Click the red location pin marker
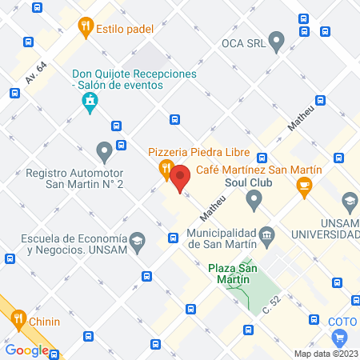coord(180,178)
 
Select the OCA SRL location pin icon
coord(277,38)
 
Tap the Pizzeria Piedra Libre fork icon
coord(165,169)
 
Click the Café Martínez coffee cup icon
coord(304,186)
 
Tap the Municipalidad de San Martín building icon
coord(267,235)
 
